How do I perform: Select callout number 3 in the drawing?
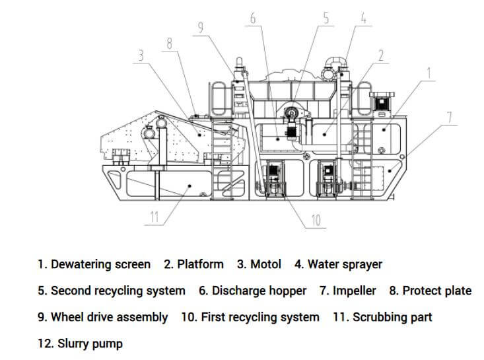coord(139,57)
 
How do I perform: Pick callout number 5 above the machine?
coord(326,18)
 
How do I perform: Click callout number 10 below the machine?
coord(316,220)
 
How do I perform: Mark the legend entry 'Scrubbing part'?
coord(392,317)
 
